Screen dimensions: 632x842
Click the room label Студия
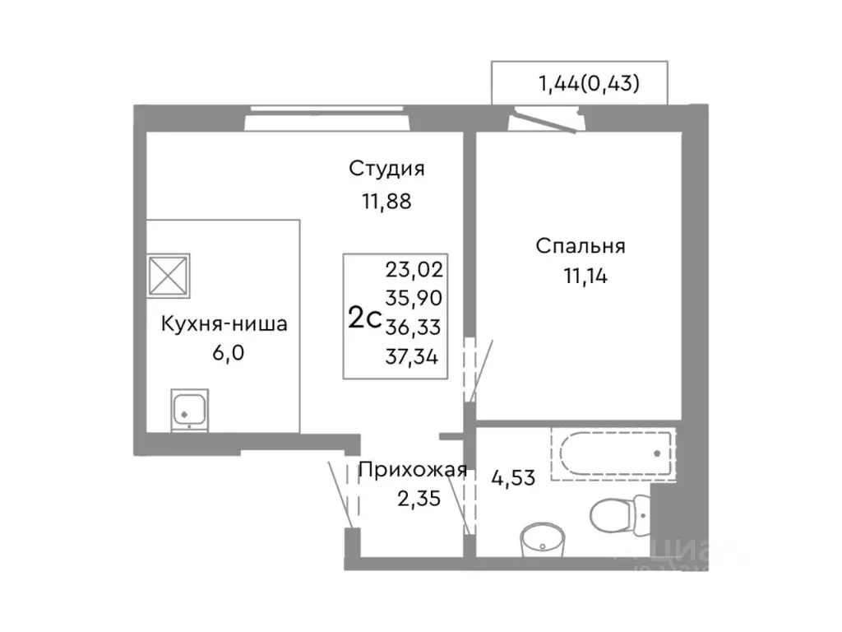pos(386,170)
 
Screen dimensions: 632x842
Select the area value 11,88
pos(386,202)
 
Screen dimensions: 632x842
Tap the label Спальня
pos(581,246)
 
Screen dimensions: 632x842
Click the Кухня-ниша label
pos(224,324)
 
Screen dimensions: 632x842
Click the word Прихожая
pos(413,471)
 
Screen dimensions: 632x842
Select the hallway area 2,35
pos(413,500)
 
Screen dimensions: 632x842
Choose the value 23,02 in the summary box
pos(414,268)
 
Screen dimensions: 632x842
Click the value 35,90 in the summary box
pos(414,298)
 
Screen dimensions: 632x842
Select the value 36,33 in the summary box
pos(414,328)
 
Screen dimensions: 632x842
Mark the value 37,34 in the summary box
pos(414,357)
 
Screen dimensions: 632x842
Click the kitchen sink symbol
pos(191,410)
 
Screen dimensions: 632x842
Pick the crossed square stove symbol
pos(169,274)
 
